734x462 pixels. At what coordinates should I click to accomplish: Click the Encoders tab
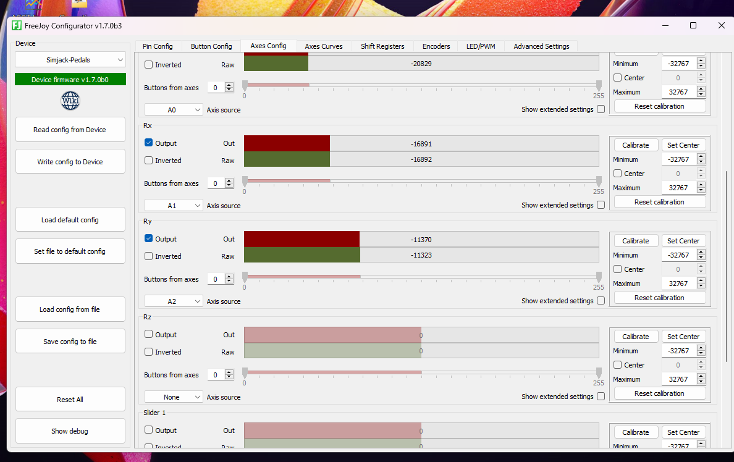coord(436,46)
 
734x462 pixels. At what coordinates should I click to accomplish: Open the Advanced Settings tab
coord(541,46)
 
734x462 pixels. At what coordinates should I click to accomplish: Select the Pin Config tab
coord(158,46)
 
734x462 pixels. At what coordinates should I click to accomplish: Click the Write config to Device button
coord(70,162)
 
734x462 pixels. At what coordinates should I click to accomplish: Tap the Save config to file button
coord(70,342)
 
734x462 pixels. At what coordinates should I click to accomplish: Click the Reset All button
coord(70,400)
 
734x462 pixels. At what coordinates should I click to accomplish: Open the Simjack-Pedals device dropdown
coord(70,60)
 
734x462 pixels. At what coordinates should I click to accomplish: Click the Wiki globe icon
coord(70,101)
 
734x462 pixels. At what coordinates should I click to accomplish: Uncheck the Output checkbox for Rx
coord(148,143)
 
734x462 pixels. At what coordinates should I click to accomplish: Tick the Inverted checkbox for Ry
coord(148,256)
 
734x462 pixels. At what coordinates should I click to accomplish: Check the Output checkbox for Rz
coord(148,335)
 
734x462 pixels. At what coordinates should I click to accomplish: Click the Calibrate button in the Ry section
coord(636,241)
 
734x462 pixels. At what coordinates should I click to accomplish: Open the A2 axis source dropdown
coord(174,301)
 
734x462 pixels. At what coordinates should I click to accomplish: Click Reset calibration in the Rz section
coord(659,393)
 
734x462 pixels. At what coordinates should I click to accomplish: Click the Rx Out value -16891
coord(421,143)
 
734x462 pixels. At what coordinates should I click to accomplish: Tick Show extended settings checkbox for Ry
coord(601,301)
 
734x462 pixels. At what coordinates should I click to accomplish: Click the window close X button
coord(721,25)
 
